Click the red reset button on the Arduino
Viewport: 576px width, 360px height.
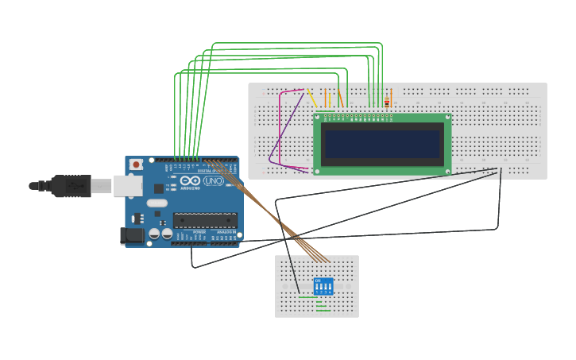click(136, 165)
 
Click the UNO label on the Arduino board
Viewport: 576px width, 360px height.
click(213, 181)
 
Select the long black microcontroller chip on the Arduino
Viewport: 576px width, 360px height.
click(206, 220)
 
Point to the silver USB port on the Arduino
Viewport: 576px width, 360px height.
click(127, 186)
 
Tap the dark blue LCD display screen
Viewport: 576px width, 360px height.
click(382, 145)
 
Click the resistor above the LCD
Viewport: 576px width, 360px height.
click(387, 102)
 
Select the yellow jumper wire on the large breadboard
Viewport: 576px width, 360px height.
click(312, 99)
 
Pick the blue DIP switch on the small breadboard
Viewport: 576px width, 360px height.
click(323, 286)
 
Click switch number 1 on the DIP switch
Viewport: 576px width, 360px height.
click(317, 287)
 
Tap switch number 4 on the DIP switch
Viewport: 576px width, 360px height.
click(329, 287)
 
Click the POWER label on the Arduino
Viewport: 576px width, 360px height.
click(199, 231)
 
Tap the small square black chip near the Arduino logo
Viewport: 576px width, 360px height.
click(159, 188)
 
